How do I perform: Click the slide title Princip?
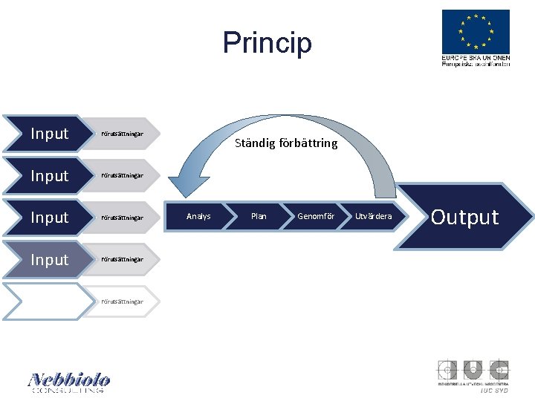click(267, 42)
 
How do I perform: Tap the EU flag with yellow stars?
click(476, 30)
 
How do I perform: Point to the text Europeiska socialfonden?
click(476, 64)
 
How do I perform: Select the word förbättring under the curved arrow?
click(308, 143)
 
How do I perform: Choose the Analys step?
click(198, 216)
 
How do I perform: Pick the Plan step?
click(259, 216)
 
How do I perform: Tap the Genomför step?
click(316, 216)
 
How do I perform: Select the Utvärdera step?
click(373, 216)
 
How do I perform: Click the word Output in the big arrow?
click(465, 217)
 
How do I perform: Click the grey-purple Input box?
click(49, 259)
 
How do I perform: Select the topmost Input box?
click(49, 134)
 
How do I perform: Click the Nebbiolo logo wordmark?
click(69, 379)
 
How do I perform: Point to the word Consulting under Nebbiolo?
click(68, 390)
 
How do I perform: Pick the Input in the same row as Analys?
click(49, 218)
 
